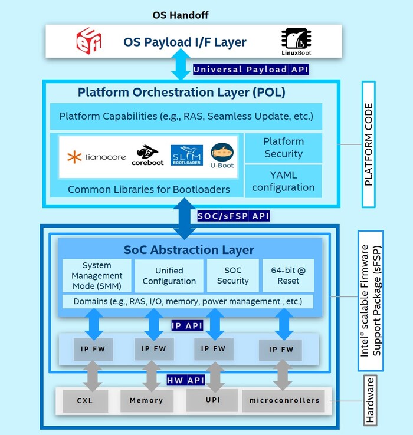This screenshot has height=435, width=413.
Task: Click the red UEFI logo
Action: [x=88, y=41]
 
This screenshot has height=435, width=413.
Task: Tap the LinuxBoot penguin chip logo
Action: [x=296, y=42]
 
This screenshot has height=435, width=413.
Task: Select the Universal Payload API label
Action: [x=251, y=70]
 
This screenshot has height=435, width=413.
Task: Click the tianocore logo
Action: [x=96, y=157]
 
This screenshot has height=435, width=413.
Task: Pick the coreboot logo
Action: [x=147, y=156]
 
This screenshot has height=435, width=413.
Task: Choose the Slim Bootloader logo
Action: [x=186, y=155]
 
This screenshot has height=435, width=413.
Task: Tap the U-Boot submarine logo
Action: [x=222, y=156]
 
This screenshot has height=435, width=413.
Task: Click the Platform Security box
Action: [x=284, y=148]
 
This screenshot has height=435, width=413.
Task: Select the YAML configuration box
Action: [x=284, y=181]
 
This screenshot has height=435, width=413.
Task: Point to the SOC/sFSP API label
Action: [x=233, y=216]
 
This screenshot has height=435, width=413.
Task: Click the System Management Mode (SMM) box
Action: [x=97, y=275]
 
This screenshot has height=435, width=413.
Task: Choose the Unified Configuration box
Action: [x=169, y=275]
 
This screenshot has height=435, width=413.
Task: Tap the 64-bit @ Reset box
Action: [x=289, y=275]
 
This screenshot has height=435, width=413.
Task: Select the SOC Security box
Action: [x=233, y=275]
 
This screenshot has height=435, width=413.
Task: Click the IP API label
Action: [x=187, y=326]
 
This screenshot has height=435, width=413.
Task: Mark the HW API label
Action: [x=186, y=380]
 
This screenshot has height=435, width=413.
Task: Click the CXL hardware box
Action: [x=86, y=401]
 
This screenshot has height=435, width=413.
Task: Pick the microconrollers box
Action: [x=284, y=401]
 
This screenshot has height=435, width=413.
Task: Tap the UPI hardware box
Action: [x=212, y=400]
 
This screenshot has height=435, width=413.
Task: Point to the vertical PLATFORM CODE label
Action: [x=369, y=144]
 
